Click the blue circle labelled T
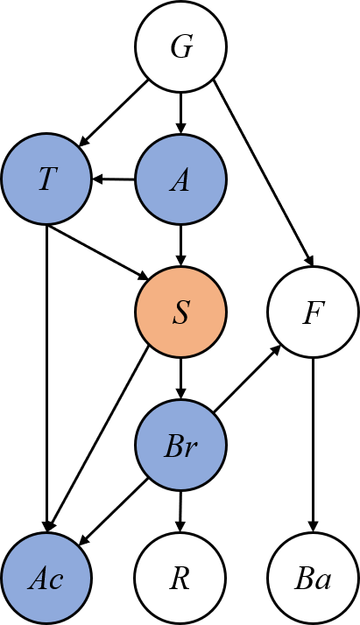[x=46, y=179]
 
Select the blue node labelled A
[x=180, y=179]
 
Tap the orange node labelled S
[x=180, y=312]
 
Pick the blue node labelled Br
[x=180, y=446]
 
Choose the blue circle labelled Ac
[x=46, y=579]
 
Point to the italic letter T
[x=46, y=179]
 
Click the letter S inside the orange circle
[x=180, y=312]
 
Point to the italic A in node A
[x=180, y=180]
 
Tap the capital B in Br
[x=173, y=446]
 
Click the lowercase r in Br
[x=190, y=449]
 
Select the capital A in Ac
[x=39, y=579]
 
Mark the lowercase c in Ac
[x=56, y=581]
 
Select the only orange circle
[x=180, y=312]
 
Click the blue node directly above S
[x=180, y=179]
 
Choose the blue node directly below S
[x=180, y=446]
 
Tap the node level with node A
[x=46, y=179]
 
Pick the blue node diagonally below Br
[x=46, y=579]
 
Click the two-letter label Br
[x=180, y=446]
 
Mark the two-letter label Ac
[x=46, y=579]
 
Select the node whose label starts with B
[x=180, y=446]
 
